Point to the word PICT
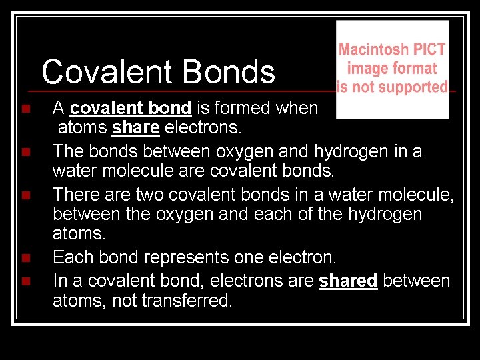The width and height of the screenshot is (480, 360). coord(429,49)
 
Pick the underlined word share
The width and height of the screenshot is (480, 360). coord(135,127)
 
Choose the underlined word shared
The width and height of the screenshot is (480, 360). coord(348,281)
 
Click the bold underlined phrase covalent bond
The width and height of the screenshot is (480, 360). coord(130,108)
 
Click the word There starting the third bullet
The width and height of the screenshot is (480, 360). coord(75,195)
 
